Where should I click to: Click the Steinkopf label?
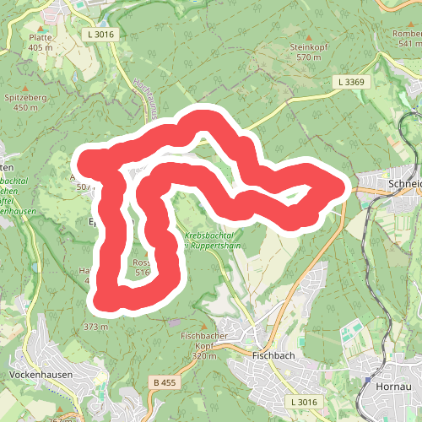[x=306, y=47]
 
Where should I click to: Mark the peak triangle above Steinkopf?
[x=306, y=37]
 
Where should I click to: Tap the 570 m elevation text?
[x=309, y=57]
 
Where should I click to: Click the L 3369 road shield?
[x=349, y=82]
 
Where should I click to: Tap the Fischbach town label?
[x=272, y=356]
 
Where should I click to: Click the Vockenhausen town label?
[x=41, y=374]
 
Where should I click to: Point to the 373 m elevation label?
[x=96, y=326]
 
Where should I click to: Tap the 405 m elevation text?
[x=41, y=48]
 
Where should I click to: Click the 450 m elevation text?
[x=26, y=108]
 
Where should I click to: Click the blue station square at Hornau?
[x=368, y=381]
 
